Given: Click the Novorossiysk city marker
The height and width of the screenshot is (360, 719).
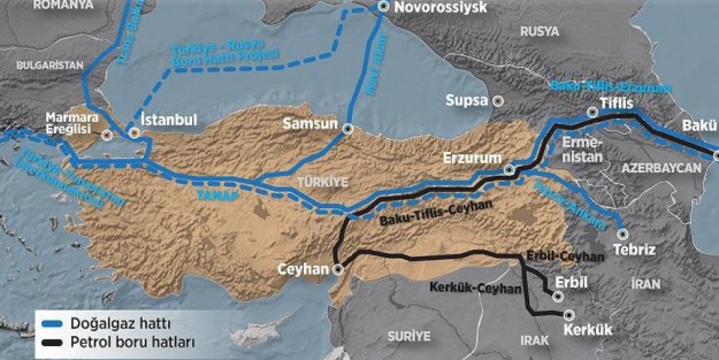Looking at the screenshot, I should [x=383, y=6].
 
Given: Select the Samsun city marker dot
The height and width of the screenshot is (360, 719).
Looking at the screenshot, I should [x=348, y=128].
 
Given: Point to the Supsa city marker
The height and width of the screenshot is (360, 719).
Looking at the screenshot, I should [x=498, y=101].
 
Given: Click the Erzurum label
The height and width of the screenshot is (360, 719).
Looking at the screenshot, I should [x=472, y=158].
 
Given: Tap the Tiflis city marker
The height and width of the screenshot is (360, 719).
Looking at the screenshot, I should [x=591, y=112].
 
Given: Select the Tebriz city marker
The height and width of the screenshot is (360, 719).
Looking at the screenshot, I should [x=622, y=234].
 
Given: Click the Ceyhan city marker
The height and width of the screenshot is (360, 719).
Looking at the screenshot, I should [x=338, y=270].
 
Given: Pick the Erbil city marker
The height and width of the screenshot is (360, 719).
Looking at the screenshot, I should [x=558, y=296].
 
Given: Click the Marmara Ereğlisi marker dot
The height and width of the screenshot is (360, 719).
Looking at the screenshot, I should [x=108, y=135].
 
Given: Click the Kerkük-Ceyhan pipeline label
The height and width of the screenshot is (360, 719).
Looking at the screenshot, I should [x=475, y=288].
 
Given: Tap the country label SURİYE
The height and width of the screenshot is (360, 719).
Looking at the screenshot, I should [x=408, y=336].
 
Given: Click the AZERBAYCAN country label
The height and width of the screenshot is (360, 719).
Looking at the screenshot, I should [x=661, y=167].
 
